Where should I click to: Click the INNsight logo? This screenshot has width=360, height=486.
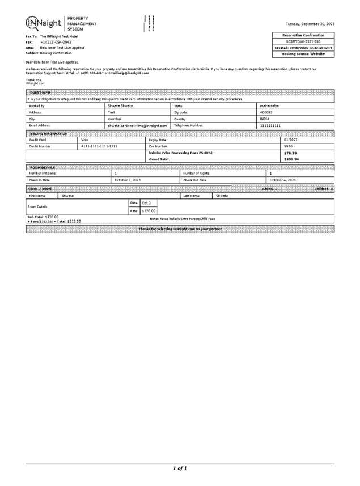click(x=43, y=23)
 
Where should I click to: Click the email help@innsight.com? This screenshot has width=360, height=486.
click(x=133, y=73)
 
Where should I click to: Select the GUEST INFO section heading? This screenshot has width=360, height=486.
click(x=39, y=92)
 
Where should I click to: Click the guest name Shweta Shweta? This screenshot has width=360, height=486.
click(x=121, y=105)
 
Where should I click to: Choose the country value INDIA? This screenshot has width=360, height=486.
click(x=265, y=119)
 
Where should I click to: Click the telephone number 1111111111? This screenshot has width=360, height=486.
click(x=270, y=126)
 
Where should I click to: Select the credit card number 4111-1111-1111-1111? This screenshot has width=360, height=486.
click(x=99, y=146)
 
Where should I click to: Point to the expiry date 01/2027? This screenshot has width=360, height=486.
click(x=291, y=140)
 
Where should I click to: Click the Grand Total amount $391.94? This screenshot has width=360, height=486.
click(x=291, y=160)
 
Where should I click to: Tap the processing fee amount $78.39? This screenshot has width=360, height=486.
click(x=290, y=153)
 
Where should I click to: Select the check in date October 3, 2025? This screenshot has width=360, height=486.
click(x=128, y=180)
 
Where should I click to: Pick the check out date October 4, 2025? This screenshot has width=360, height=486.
click(x=282, y=180)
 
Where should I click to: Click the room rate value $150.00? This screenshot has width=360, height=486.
click(x=149, y=210)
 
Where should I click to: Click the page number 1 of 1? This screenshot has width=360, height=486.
click(x=180, y=468)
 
